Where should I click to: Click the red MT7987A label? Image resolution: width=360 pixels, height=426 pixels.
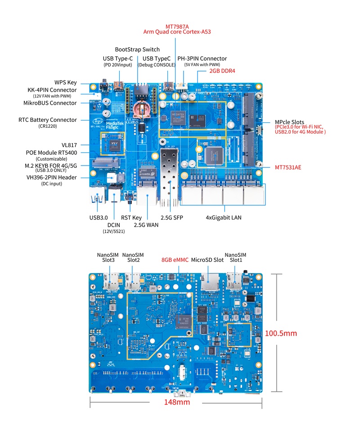tap(177, 26)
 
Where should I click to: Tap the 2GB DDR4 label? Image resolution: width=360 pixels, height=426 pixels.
tap(222, 71)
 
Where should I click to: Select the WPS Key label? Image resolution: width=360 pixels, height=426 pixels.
tap(66, 83)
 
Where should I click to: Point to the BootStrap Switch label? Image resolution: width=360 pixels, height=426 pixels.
tap(137, 49)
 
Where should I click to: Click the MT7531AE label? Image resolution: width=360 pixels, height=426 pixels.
tap(288, 167)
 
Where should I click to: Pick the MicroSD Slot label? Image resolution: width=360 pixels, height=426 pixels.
tap(207, 260)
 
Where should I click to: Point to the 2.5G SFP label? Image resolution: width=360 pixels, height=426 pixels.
tap(172, 218)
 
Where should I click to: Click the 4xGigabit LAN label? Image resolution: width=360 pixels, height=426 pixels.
tap(223, 218)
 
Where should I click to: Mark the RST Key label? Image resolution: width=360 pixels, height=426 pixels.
tap(131, 218)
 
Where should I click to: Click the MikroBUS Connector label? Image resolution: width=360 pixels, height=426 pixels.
tap(50, 103)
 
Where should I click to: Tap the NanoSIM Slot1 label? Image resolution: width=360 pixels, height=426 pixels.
tap(235, 258)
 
